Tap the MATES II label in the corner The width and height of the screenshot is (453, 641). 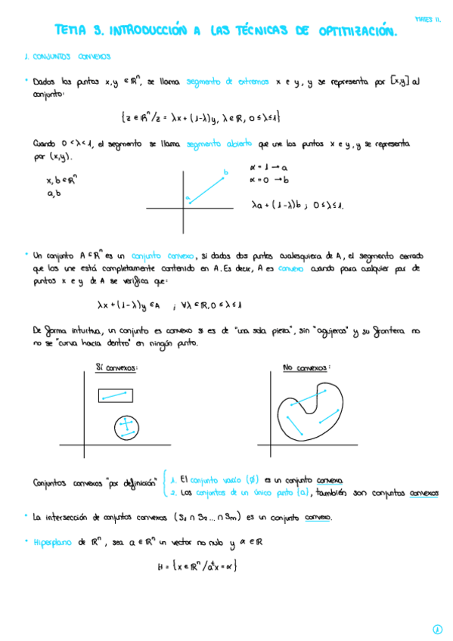click(428, 20)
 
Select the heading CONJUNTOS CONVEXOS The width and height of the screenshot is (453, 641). click(68, 57)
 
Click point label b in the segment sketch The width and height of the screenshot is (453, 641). click(225, 172)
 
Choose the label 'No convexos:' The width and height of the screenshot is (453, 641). click(307, 368)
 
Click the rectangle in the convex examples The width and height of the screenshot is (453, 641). click(115, 395)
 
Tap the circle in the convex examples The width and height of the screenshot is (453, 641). click(126, 429)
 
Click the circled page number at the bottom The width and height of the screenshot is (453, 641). click(437, 628)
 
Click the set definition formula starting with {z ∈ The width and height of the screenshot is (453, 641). click(200, 117)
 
